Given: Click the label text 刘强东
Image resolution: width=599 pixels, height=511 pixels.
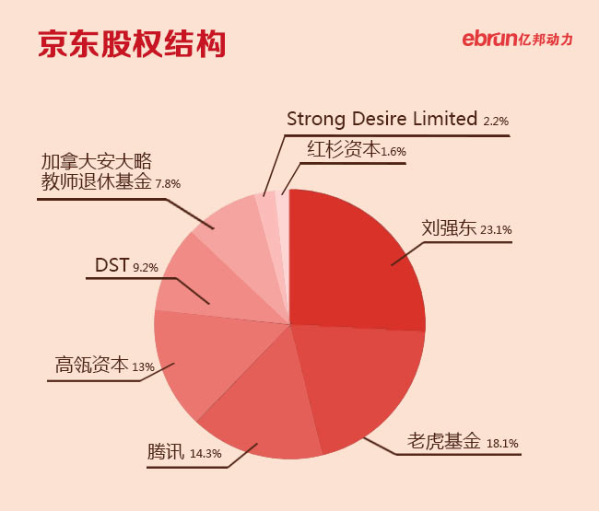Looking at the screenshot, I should click(x=449, y=227).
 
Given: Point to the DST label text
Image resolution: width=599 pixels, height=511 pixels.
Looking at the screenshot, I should click(x=112, y=266).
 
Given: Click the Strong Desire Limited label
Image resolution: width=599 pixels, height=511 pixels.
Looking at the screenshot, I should click(x=382, y=119).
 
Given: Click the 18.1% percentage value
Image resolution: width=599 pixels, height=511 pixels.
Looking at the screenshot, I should click(x=503, y=444).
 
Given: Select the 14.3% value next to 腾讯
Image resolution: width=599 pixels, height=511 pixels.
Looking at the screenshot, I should click(x=206, y=454).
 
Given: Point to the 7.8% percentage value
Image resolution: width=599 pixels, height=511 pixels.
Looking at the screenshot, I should click(x=169, y=183).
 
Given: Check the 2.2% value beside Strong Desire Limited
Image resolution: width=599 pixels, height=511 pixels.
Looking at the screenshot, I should click(x=496, y=121).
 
